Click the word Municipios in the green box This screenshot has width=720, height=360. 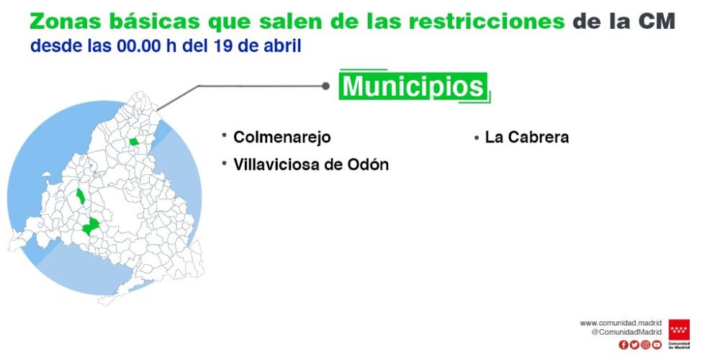point(413,86)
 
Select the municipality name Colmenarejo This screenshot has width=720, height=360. point(282,137)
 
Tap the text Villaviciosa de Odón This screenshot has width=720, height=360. point(310,164)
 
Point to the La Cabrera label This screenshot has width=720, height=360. point(526,137)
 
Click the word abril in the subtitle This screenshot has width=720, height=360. point(283,47)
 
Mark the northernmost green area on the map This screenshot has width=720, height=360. point(134,142)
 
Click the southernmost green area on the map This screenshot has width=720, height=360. point(90,227)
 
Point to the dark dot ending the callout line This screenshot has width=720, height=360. point(325,86)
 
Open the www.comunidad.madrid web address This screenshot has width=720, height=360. point(621,323)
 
